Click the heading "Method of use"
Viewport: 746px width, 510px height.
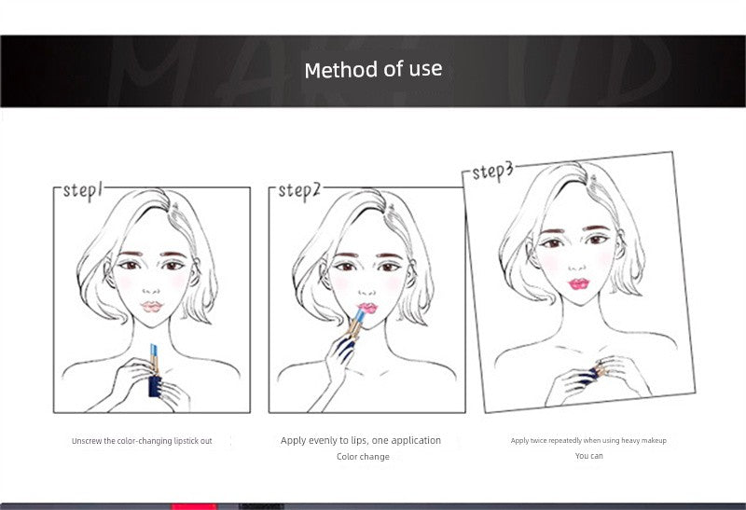[x=374, y=69]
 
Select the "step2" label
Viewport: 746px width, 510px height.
[x=299, y=191]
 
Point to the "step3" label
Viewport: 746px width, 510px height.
[x=493, y=172]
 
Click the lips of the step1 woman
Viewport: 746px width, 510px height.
[x=152, y=307]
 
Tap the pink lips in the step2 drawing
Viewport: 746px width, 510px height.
[x=367, y=309]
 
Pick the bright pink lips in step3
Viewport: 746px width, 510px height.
[x=578, y=284]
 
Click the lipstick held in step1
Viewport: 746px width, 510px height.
[x=154, y=371]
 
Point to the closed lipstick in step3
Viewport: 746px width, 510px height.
[x=595, y=371]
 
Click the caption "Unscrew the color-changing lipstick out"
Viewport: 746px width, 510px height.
[x=142, y=441]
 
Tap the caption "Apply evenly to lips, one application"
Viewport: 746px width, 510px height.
[x=361, y=441]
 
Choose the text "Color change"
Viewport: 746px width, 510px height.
[x=363, y=457]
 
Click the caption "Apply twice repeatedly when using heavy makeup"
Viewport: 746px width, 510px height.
[x=588, y=441]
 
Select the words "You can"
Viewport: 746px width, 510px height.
[x=589, y=456]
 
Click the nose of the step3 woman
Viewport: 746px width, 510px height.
[x=577, y=266]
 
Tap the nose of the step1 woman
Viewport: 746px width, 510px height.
[x=151, y=289]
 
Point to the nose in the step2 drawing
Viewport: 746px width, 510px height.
[x=366, y=291]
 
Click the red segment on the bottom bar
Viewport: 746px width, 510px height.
[x=194, y=506]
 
